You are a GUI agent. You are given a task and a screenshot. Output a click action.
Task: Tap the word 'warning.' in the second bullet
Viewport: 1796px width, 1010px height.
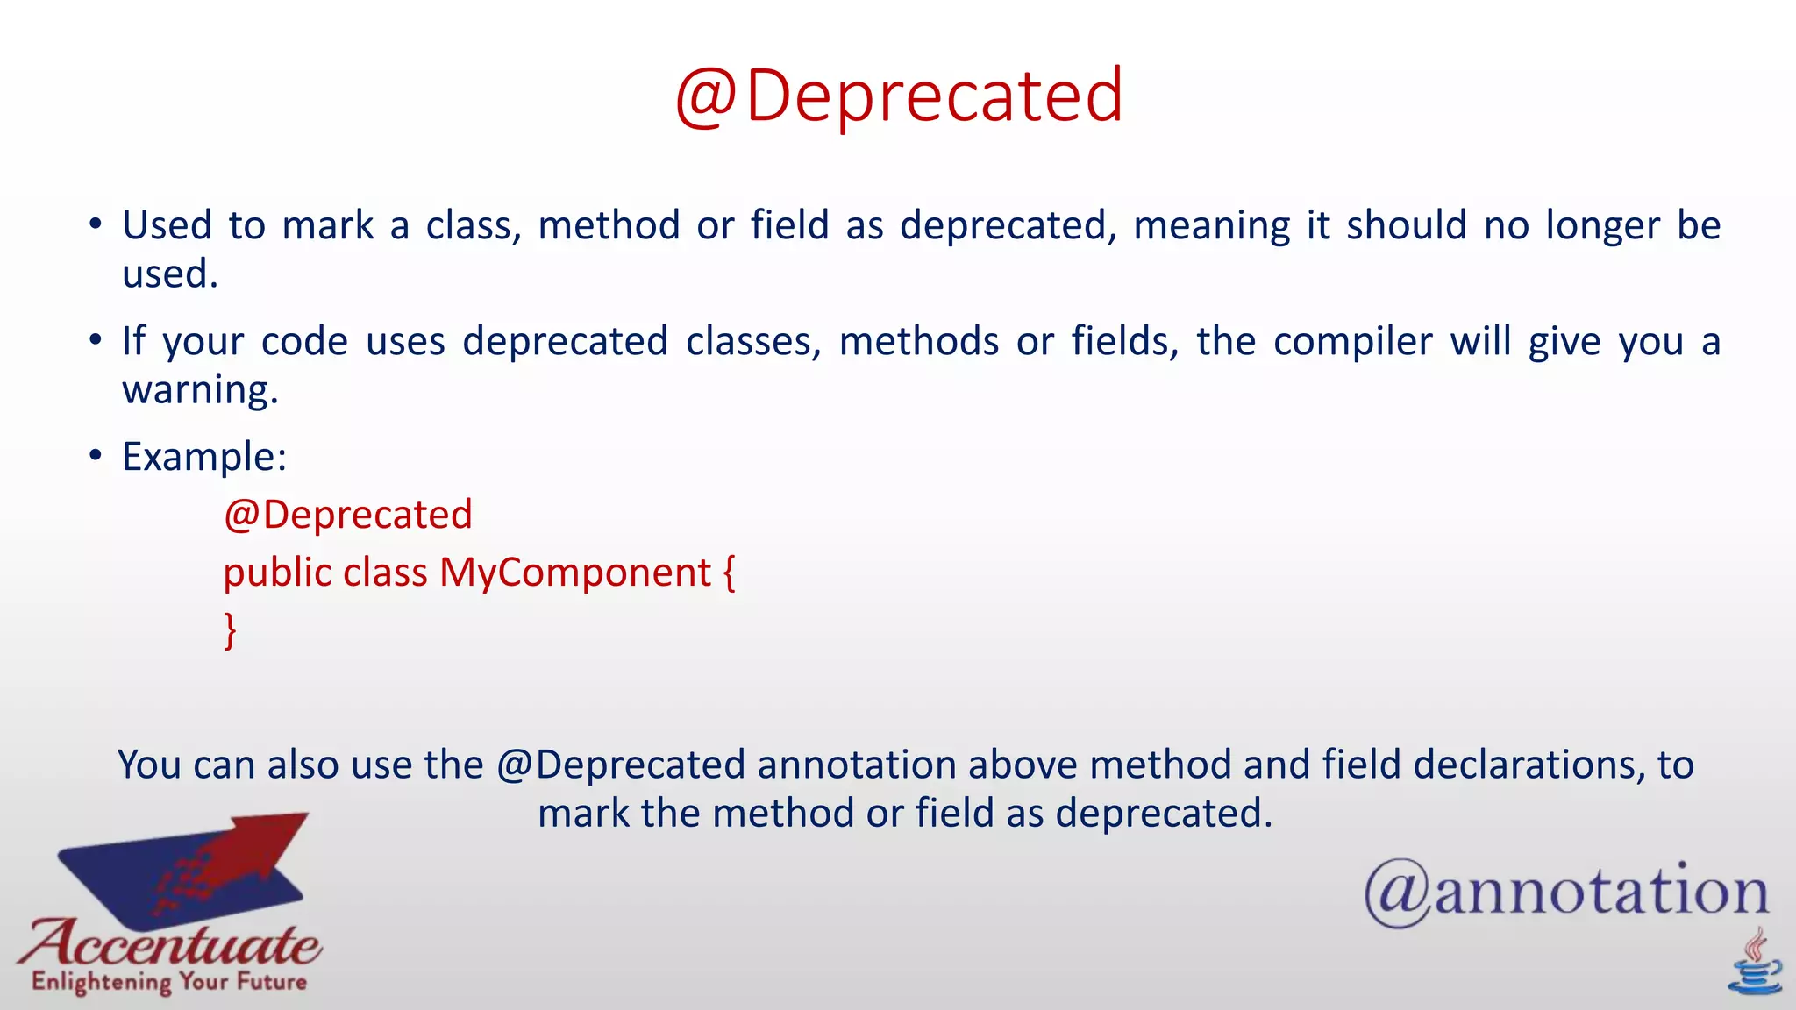[x=200, y=390]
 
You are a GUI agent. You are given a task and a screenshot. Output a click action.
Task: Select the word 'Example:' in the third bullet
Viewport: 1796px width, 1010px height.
[x=204, y=457]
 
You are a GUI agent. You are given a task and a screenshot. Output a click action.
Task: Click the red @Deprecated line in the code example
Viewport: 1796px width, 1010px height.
[x=348, y=515]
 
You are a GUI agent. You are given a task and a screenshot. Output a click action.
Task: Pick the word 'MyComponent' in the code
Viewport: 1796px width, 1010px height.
[x=574, y=573]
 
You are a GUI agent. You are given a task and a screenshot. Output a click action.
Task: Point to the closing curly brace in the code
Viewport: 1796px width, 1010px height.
[x=230, y=630]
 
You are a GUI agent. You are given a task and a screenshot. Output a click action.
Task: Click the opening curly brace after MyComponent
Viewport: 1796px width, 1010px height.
[x=729, y=573]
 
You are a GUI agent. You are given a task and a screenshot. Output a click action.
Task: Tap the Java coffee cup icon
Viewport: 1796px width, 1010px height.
[x=1755, y=964]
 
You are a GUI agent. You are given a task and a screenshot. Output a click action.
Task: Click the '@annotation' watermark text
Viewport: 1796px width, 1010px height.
[x=1565, y=892]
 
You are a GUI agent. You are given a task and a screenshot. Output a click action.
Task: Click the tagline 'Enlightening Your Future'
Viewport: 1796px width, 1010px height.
[x=169, y=981]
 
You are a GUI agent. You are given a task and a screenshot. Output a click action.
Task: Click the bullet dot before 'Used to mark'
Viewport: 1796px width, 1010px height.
[x=96, y=224]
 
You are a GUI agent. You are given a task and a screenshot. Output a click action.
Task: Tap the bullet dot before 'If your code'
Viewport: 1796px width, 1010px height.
[x=96, y=340]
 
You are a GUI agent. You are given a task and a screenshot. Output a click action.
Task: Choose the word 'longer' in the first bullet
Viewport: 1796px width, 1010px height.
[x=1602, y=225]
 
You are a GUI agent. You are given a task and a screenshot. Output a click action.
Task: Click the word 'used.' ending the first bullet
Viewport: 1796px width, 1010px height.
[x=170, y=274]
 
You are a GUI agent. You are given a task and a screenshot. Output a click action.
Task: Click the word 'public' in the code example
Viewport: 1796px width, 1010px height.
[x=277, y=573]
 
